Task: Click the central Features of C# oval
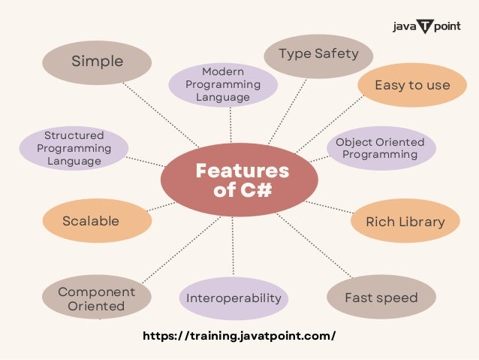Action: click(x=239, y=180)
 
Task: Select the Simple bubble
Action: click(x=97, y=61)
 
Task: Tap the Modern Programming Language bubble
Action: click(x=222, y=84)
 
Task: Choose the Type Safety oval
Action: click(x=318, y=54)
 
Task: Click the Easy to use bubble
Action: click(x=412, y=85)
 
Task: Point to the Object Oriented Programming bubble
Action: click(x=380, y=148)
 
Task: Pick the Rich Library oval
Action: click(x=405, y=221)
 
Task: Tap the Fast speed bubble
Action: click(x=381, y=298)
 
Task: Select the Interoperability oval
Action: click(x=233, y=298)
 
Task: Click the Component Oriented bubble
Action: click(x=96, y=298)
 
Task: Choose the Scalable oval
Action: click(x=91, y=221)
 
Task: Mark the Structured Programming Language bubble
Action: click(x=73, y=148)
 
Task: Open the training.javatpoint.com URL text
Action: click(x=239, y=336)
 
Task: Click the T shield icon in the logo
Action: click(x=425, y=27)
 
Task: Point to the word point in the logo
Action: click(x=447, y=27)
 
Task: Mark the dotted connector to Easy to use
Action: click(x=330, y=125)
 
